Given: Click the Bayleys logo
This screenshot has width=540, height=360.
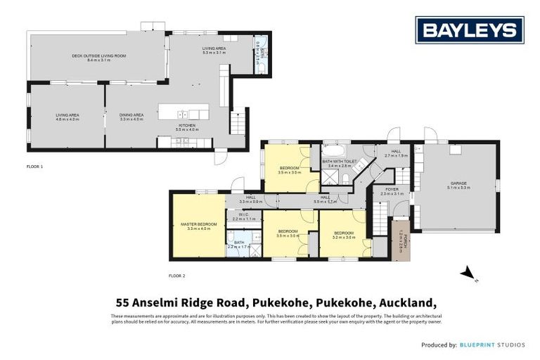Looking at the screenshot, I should point(470,30).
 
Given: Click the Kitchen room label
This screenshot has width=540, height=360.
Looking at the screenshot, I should point(187,127).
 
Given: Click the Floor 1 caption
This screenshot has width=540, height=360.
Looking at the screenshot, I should point(35,166).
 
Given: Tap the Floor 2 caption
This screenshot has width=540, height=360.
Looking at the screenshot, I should point(177,275).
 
